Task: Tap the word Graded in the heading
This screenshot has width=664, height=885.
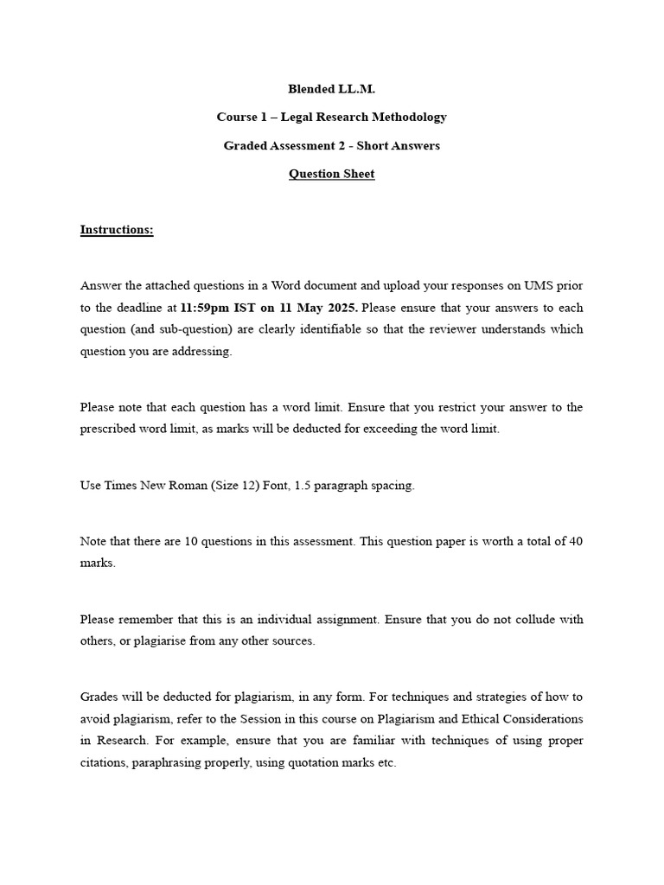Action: click(x=245, y=145)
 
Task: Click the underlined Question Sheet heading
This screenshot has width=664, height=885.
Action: click(x=331, y=174)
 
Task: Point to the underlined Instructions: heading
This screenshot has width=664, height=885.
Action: click(x=117, y=230)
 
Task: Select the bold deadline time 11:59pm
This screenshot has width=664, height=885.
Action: click(x=206, y=308)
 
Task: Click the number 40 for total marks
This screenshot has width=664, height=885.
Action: click(x=575, y=541)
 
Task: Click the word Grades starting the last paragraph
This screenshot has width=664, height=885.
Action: click(x=99, y=697)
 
